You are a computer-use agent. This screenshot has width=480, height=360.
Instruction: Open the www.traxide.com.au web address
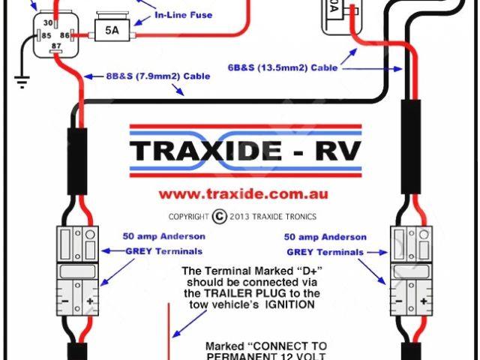(x=243, y=193)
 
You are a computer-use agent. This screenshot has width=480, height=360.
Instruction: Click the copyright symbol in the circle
(x=219, y=216)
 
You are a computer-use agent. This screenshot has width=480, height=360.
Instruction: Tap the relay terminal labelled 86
(x=64, y=34)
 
